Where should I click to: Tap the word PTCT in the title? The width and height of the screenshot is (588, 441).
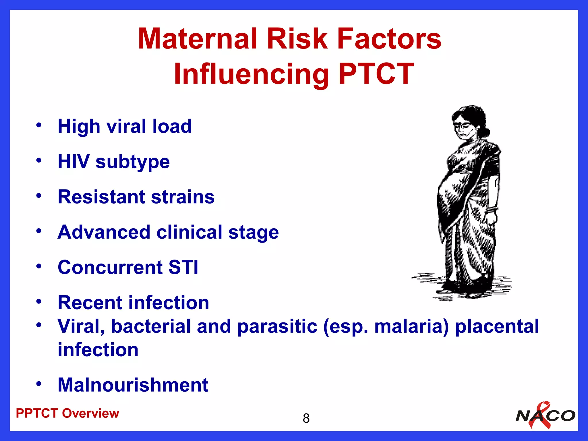pos(376,74)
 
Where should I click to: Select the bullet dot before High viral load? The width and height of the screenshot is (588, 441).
pos(39,125)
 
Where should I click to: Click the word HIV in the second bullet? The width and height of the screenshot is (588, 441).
pos(73,161)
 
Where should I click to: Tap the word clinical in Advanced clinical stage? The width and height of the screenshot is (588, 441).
pos(189,232)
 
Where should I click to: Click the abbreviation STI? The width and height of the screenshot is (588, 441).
pos(183,267)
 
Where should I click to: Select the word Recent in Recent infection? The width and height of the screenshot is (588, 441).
pos(90,303)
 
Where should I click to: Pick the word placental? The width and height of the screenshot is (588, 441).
pos(497,326)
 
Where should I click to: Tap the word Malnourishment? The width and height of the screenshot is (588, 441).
pos(133,385)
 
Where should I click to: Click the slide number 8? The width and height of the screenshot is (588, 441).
pos(306,418)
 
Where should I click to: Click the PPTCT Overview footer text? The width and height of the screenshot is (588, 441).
pos(67,413)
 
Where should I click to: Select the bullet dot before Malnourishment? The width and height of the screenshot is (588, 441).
pos(39,384)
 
